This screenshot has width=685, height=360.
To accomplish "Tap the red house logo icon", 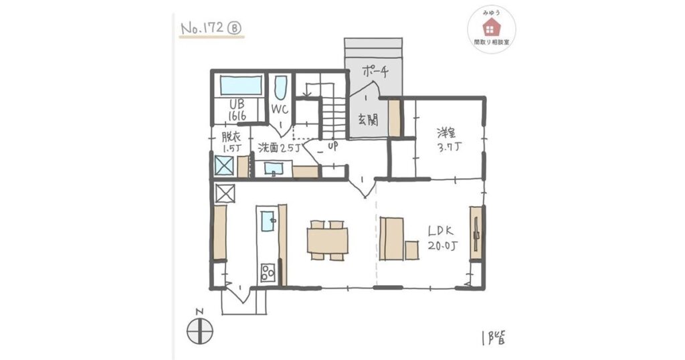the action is pos(492,27).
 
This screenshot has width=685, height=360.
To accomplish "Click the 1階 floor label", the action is pos(494,337).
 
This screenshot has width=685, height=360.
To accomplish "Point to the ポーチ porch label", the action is pos(375,71).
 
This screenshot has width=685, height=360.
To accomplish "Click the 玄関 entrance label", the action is pos(368,119).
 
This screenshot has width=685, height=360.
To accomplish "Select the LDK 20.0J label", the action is pos(443,238).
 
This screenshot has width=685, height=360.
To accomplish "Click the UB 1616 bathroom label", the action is pos(237,110).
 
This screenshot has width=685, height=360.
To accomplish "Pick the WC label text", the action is pos(279,109).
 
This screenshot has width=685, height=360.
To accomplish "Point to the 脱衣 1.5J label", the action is pos(231,143).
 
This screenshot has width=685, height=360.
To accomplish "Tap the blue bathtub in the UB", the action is pos(241,85).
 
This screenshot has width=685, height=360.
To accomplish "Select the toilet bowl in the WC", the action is pos(281,88).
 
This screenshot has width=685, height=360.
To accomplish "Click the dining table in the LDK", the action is pos(328,240).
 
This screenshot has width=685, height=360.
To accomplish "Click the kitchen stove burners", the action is pos(268,272).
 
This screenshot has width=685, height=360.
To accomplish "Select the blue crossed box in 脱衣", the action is pos(224,165).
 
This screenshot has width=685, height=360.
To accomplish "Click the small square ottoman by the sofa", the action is pos(411,250).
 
